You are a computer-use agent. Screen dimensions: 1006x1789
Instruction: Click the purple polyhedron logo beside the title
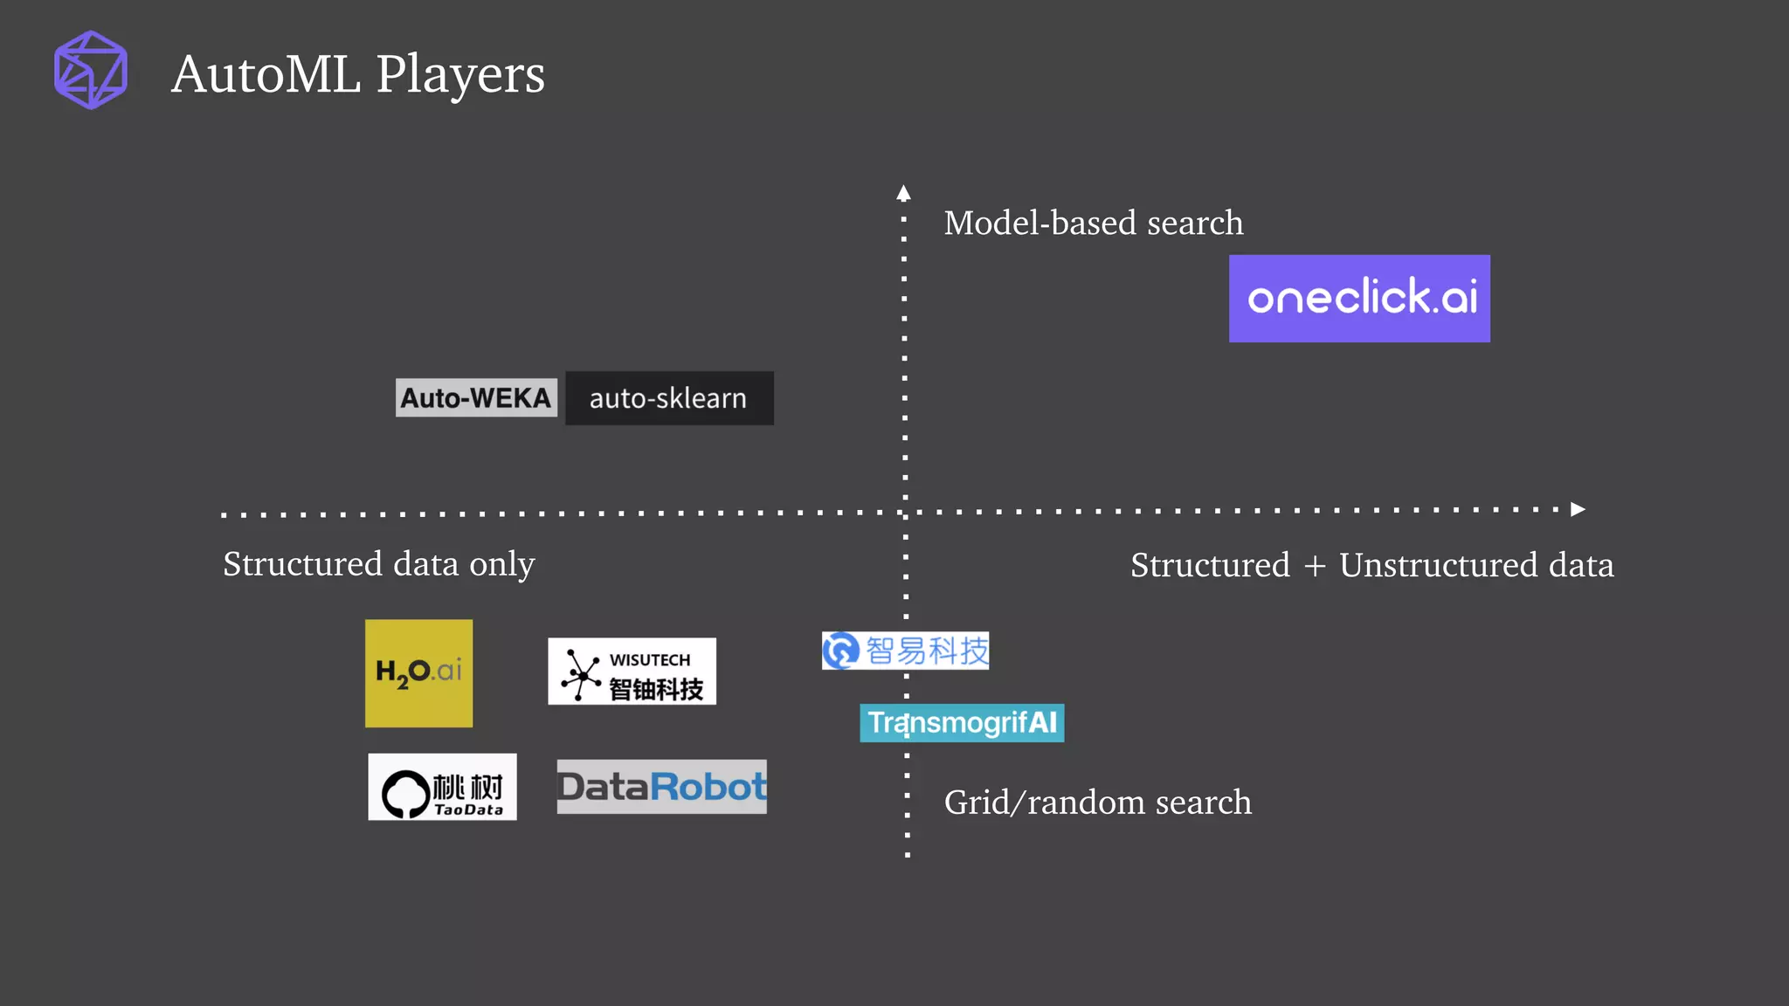click(x=91, y=70)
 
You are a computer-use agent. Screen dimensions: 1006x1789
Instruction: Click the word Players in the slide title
click(x=460, y=75)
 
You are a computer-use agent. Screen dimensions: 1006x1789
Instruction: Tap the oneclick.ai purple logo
click(x=1359, y=299)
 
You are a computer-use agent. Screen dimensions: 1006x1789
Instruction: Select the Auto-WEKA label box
click(x=476, y=398)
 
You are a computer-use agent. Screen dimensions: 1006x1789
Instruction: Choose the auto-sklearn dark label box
click(x=669, y=398)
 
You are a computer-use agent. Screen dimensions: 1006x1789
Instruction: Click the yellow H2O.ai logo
click(x=418, y=673)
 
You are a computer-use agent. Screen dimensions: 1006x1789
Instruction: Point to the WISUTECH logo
click(x=632, y=672)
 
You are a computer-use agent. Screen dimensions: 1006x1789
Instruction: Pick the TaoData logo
click(x=442, y=787)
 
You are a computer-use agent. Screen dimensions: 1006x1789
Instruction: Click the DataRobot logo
click(x=661, y=787)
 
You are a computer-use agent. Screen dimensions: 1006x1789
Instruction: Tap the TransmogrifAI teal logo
click(x=962, y=723)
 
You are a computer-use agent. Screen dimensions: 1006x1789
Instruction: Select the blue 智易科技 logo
click(x=905, y=651)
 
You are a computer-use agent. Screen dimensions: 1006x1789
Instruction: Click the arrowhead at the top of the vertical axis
click(x=903, y=193)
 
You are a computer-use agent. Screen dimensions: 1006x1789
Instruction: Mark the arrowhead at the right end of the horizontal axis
click(x=1578, y=509)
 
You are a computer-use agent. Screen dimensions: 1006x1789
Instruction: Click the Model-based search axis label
click(x=1093, y=224)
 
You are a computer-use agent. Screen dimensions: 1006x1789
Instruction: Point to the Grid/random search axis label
click(x=1097, y=803)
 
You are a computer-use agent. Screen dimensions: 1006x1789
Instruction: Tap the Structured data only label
click(x=378, y=565)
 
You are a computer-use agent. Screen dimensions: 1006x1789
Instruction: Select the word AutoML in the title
click(x=266, y=75)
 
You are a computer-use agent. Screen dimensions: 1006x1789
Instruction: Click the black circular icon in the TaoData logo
click(x=405, y=793)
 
